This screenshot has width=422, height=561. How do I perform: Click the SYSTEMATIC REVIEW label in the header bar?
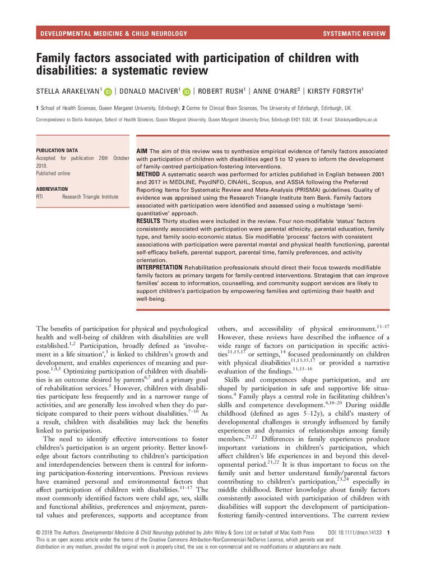[x=354, y=34]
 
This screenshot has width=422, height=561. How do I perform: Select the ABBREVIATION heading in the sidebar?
[x=52, y=189]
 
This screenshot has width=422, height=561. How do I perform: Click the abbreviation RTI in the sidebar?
[x=40, y=197]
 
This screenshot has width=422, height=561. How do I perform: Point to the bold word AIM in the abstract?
[x=143, y=152]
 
